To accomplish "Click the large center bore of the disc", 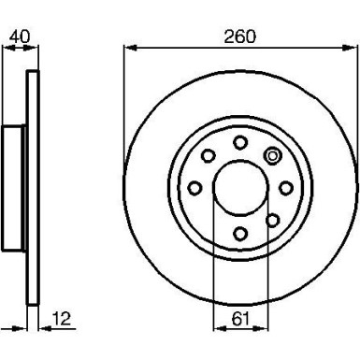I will [240, 188].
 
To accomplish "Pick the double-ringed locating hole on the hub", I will [272, 156].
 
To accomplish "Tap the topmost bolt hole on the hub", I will [240, 142].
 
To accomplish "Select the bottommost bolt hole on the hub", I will [240, 234].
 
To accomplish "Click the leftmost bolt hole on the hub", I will [194, 188].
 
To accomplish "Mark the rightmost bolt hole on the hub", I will [285, 188].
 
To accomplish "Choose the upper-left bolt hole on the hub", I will [208, 156].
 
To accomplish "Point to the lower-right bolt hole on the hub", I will [272, 221].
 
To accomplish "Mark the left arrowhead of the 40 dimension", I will [6, 49].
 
